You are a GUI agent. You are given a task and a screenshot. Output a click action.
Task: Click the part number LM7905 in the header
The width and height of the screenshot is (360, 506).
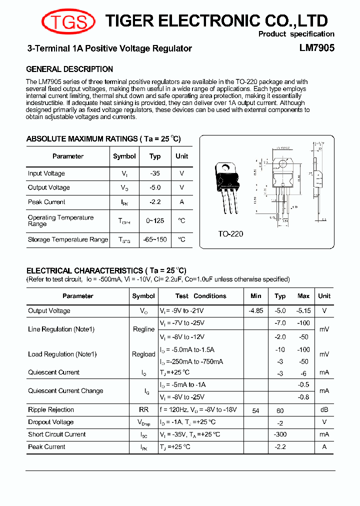[x=316, y=48]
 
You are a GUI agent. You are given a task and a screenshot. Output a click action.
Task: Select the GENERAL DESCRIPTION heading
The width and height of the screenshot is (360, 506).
[x=69, y=69]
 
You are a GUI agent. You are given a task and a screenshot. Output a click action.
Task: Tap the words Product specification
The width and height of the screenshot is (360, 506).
[x=296, y=34]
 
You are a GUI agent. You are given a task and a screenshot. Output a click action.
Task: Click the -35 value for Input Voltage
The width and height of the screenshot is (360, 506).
[x=155, y=173]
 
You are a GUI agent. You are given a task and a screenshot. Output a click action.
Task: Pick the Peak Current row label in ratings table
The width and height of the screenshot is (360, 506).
[x=46, y=202]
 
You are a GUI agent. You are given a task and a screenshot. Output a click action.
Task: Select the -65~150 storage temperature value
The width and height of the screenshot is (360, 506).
[x=155, y=239]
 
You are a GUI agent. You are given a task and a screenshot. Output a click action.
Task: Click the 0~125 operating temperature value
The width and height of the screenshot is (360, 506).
[x=155, y=220]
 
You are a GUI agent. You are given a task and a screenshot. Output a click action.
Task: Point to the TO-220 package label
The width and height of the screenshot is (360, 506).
[x=230, y=233]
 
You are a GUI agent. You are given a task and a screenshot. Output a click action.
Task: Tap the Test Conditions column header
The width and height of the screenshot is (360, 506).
[x=200, y=296]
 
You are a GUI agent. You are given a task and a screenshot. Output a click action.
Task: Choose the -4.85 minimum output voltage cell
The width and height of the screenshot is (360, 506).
[x=256, y=310]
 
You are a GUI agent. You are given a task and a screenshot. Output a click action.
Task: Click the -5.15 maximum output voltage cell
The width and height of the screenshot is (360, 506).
[x=303, y=310]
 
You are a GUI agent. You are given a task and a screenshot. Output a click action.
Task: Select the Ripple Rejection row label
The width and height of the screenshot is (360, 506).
[x=51, y=410]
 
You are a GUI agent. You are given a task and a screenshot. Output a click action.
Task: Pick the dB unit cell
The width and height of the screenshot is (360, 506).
[x=324, y=410]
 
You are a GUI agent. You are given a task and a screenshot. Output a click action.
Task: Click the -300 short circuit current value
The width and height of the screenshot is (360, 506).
[x=280, y=434]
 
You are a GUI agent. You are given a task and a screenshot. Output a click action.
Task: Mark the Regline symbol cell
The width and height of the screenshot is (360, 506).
[x=143, y=329]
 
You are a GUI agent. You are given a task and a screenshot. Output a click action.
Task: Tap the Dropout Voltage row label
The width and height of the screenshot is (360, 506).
[x=50, y=422]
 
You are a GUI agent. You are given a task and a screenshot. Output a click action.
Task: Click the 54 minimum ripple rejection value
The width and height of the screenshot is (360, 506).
[x=256, y=410]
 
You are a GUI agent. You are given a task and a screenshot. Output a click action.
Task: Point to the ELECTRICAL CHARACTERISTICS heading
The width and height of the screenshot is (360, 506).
[x=106, y=270]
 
